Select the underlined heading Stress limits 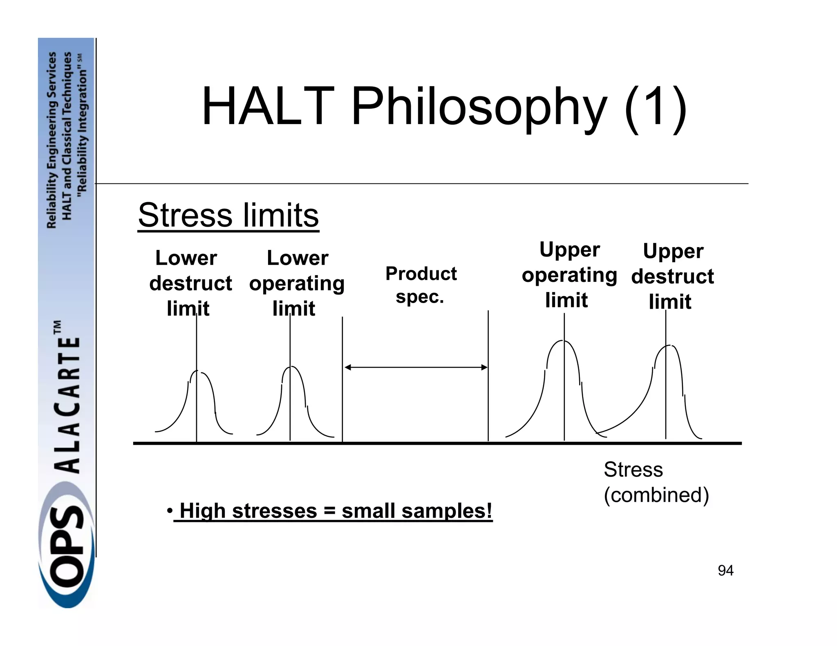[x=228, y=215]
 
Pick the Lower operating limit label [x=297, y=283]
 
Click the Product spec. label [x=421, y=285]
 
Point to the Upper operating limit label [x=569, y=275]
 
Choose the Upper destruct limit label [x=672, y=276]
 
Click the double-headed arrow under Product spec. [x=416, y=368]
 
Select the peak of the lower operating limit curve [x=291, y=367]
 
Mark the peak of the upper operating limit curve [x=564, y=341]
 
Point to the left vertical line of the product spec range [x=342, y=380]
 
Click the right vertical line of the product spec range [x=488, y=376]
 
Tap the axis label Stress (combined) [x=656, y=482]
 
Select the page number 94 [x=725, y=570]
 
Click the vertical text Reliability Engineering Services [x=52, y=140]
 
